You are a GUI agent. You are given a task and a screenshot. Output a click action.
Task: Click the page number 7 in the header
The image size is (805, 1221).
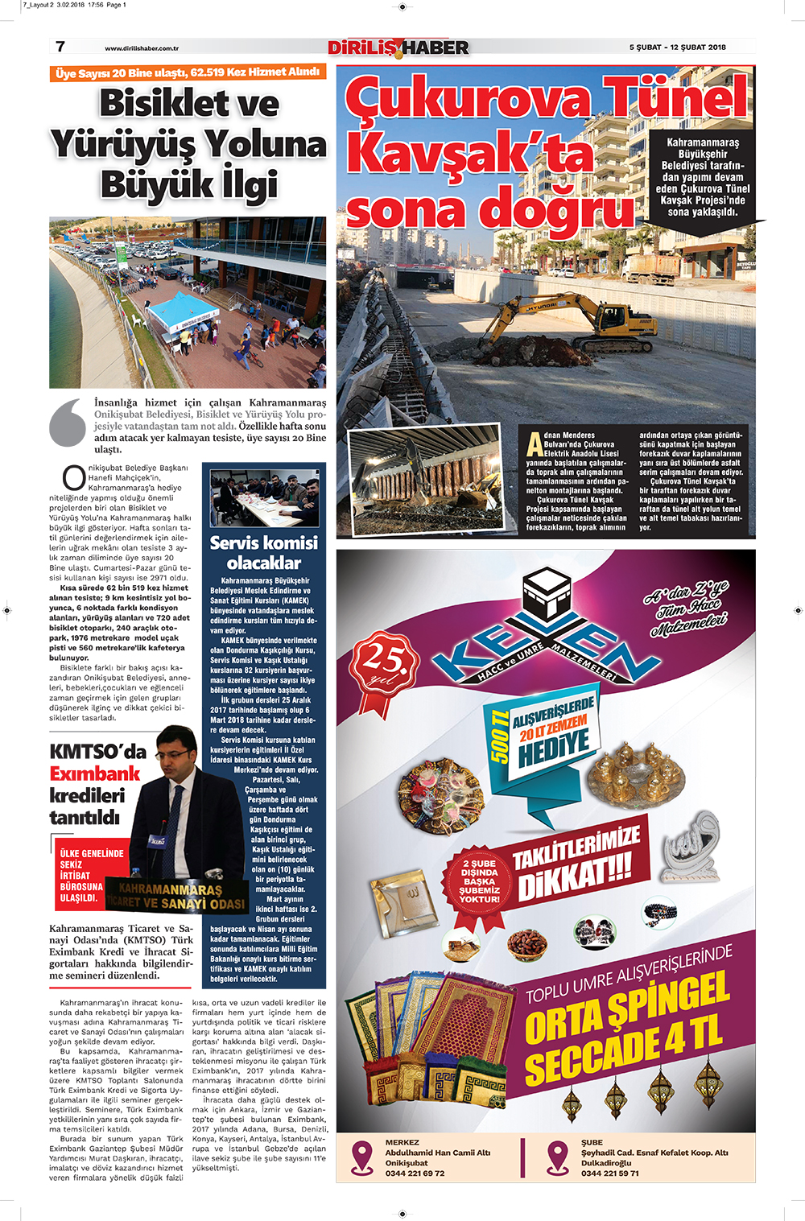[60, 47]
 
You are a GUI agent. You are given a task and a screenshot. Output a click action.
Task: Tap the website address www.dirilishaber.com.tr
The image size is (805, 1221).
[142, 48]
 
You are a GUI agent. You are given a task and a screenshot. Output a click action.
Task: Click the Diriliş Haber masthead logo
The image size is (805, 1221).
[398, 47]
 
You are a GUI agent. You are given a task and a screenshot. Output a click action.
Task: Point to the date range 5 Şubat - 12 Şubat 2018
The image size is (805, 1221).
[677, 47]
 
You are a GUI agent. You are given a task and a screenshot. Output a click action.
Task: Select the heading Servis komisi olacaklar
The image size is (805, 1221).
[263, 552]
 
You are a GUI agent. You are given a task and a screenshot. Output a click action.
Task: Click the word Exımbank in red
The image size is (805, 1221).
[95, 774]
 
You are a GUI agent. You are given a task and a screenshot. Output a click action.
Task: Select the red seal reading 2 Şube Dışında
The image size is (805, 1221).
[480, 881]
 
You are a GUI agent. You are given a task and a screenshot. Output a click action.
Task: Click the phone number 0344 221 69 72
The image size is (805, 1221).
[415, 1173]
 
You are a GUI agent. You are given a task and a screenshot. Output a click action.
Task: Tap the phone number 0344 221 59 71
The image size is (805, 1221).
[610, 1173]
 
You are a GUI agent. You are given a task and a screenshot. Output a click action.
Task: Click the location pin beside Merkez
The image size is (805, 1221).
[363, 1157]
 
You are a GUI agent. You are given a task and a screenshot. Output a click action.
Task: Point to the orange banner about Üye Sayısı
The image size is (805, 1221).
[188, 73]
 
